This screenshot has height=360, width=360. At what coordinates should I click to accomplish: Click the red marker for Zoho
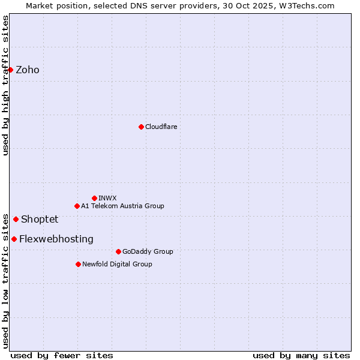(x=10, y=70)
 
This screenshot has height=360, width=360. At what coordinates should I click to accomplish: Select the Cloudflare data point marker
(x=141, y=127)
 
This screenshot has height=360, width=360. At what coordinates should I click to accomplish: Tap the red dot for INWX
(x=94, y=198)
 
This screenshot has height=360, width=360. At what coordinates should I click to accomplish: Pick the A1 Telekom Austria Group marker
(x=77, y=206)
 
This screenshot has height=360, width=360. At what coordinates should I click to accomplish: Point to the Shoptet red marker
(x=16, y=219)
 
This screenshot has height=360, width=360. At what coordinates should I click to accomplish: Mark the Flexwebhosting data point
(x=14, y=239)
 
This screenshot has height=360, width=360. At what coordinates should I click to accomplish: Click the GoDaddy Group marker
(x=118, y=251)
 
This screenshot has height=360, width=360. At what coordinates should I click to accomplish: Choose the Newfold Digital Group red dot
(x=78, y=264)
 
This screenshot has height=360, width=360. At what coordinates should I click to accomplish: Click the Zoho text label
(x=28, y=70)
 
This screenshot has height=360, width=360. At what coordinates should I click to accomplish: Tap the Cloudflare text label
(x=161, y=127)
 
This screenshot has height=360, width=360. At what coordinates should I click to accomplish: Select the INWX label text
(x=107, y=198)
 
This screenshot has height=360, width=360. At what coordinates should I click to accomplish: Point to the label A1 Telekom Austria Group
(x=122, y=206)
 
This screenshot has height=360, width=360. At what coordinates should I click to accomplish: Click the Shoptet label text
(x=40, y=219)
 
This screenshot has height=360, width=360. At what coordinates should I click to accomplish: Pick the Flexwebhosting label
(x=56, y=239)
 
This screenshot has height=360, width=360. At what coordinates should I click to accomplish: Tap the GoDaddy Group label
(x=148, y=251)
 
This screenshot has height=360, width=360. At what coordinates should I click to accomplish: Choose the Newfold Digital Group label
(x=117, y=264)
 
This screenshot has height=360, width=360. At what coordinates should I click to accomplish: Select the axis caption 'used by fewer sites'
(x=62, y=355)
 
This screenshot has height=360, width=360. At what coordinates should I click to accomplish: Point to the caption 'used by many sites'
(x=301, y=355)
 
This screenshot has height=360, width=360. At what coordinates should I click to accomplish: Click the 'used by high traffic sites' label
(x=5, y=85)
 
